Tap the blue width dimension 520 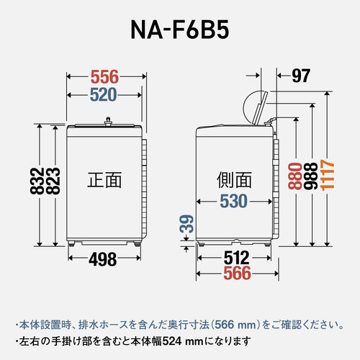[x=104, y=94]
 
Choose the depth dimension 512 [x=237, y=257]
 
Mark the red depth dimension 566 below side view [x=237, y=274]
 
